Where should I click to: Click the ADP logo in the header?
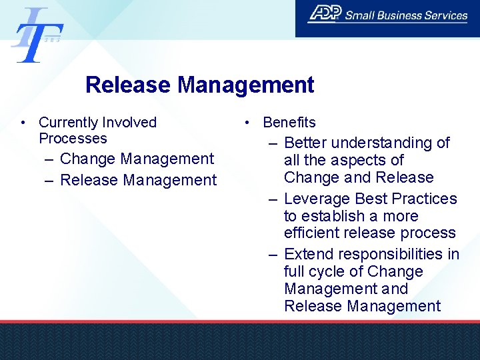(x=325, y=14)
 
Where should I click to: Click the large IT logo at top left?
(x=37, y=35)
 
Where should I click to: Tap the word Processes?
(x=73, y=139)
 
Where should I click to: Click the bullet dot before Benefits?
(x=247, y=123)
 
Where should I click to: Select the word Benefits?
(x=289, y=123)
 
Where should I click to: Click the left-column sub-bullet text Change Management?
(x=137, y=159)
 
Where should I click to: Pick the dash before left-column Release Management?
(x=51, y=180)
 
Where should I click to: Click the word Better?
(x=305, y=143)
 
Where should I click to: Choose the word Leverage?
(x=317, y=199)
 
